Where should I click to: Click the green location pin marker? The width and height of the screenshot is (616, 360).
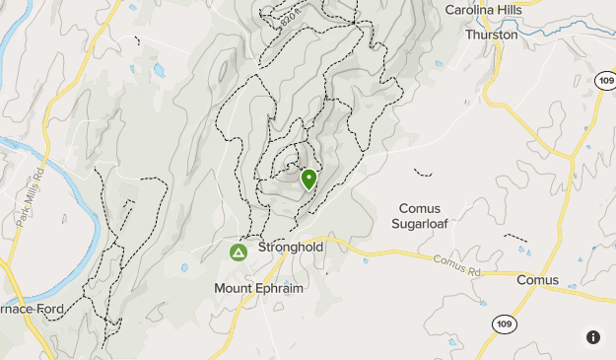[x=308, y=179]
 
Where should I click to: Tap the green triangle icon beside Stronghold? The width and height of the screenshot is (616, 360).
[x=239, y=252]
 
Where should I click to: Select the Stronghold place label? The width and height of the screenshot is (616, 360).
[x=291, y=248]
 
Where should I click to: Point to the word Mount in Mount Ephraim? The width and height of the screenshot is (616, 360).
[x=234, y=288]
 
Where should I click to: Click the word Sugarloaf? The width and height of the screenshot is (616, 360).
[x=422, y=224]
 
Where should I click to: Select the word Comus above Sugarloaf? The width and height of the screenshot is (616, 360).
[x=419, y=208]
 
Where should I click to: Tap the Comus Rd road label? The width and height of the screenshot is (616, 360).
[x=454, y=261]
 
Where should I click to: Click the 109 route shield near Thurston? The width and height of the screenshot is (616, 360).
[x=606, y=79]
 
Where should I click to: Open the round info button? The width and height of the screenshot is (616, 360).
[x=592, y=336]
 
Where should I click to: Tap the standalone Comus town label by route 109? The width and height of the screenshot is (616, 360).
[x=537, y=280]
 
